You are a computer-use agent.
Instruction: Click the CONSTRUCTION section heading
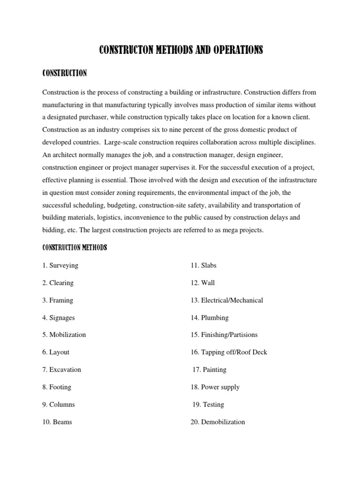(64, 74)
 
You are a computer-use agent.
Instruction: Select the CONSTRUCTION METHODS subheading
(75, 247)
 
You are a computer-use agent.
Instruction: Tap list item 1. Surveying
(60, 265)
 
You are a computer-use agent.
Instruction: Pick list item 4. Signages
(58, 318)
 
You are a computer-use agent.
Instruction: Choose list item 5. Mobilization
(64, 335)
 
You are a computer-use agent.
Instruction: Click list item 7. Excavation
(61, 370)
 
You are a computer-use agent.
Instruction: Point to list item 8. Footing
(57, 387)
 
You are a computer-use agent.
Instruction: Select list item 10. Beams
(57, 422)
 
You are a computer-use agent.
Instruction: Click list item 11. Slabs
(203, 265)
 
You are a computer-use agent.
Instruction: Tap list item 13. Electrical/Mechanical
(227, 300)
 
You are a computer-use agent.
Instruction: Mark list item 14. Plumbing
(210, 318)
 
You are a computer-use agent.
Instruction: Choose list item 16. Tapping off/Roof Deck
(229, 352)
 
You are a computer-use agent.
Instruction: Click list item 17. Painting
(210, 370)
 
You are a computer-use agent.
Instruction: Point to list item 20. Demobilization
(218, 422)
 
